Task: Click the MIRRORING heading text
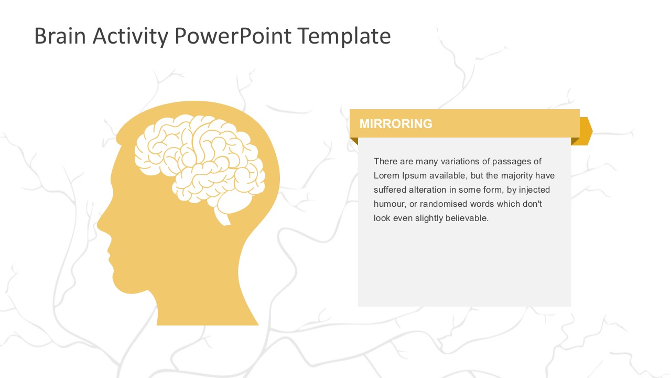click(396, 124)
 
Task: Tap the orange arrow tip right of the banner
click(587, 131)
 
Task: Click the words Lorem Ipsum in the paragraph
click(396, 175)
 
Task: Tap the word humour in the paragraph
click(388, 204)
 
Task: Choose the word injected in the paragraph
click(534, 190)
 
